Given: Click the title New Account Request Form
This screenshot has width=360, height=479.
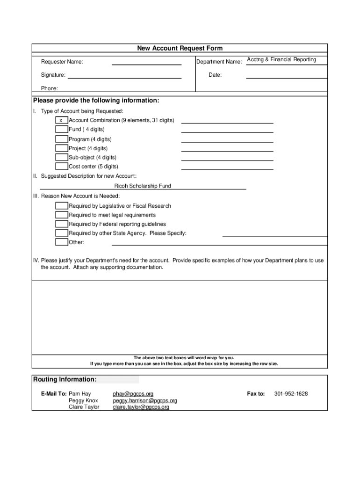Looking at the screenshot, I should click(180, 48).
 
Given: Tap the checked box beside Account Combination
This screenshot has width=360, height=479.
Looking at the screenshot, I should click(61, 121).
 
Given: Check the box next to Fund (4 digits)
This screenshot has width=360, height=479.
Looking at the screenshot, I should click(61, 130).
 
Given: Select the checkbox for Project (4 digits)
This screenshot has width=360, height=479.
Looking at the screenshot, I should click(61, 148).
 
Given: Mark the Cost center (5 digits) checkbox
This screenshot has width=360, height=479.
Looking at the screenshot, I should click(61, 167).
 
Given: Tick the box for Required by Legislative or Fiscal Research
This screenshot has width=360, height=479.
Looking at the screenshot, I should click(61, 206).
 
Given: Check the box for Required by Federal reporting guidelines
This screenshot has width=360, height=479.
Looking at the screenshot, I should click(61, 224).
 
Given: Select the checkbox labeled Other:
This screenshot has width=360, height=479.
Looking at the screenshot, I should click(61, 242).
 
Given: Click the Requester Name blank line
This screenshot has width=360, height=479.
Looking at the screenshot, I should click(146, 63).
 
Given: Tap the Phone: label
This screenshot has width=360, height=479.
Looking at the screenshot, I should click(49, 88).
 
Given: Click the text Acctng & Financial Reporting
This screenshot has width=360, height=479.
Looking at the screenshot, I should click(281, 59).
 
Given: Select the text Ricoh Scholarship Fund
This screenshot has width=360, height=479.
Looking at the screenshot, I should click(143, 186).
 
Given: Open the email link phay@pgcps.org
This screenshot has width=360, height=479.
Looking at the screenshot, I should click(133, 394).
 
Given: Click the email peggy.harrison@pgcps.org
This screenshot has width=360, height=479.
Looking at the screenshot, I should click(145, 400).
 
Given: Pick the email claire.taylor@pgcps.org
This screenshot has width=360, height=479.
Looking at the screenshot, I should click(141, 407).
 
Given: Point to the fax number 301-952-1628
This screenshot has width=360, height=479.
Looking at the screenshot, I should click(291, 394).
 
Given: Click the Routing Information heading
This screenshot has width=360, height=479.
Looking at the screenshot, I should click(65, 379).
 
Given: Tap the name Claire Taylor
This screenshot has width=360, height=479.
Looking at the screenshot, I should click(84, 407).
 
